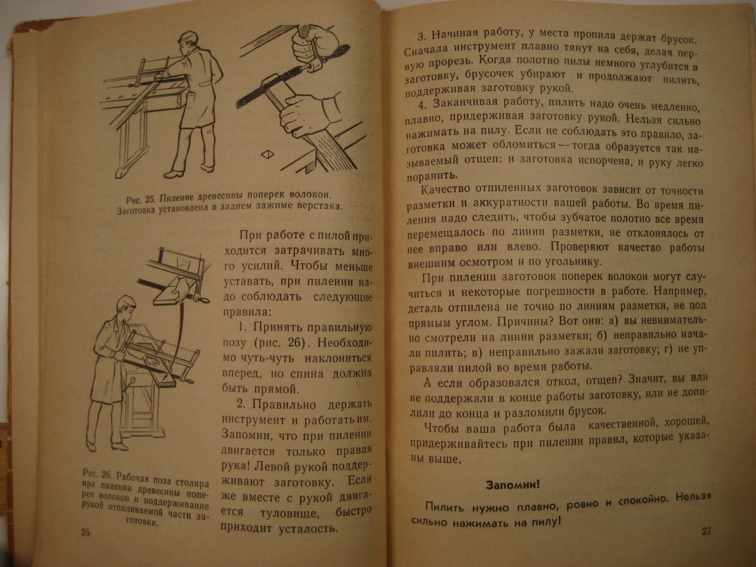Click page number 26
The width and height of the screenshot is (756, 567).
85,533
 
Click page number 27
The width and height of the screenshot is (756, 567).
706,531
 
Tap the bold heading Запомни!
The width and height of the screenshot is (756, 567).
512,485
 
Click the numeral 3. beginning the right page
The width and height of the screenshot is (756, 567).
422,37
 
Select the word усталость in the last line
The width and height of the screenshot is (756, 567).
308,528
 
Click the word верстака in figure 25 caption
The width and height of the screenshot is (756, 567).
316,206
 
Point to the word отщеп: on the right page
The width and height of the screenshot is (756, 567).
486,160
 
